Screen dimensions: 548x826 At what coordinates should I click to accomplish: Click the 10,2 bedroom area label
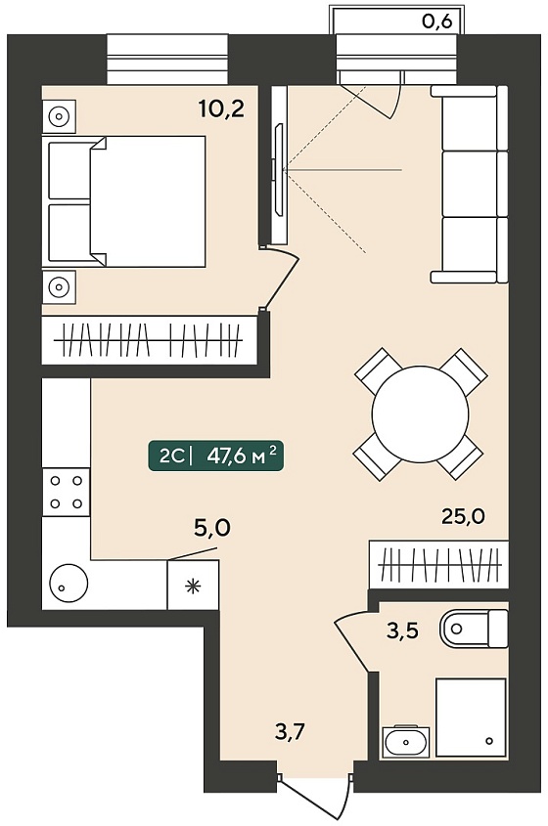click(221, 109)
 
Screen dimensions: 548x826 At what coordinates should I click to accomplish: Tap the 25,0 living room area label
click(463, 516)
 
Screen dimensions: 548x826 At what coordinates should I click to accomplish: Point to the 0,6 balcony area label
click(437, 22)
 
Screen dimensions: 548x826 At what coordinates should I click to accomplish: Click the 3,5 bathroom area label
click(402, 630)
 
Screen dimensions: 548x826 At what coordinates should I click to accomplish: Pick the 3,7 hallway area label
click(291, 732)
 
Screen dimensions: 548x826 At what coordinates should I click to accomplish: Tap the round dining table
click(420, 414)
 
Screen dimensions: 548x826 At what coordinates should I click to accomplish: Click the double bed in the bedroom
click(126, 201)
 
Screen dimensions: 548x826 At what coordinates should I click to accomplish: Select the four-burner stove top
click(66, 492)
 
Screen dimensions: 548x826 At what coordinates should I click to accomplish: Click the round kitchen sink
click(68, 584)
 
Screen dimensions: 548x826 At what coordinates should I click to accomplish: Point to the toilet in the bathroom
click(474, 629)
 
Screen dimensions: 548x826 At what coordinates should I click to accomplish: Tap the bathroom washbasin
click(406, 742)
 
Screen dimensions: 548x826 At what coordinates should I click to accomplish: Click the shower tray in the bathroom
click(471, 718)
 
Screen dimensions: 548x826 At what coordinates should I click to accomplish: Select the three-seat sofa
click(470, 185)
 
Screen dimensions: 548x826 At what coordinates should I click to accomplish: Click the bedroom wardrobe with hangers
click(150, 340)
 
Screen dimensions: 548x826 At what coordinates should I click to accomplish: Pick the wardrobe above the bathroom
click(438, 565)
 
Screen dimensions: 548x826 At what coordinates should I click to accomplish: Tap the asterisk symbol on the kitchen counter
click(193, 586)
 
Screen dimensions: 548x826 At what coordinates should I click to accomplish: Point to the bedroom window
click(167, 59)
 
